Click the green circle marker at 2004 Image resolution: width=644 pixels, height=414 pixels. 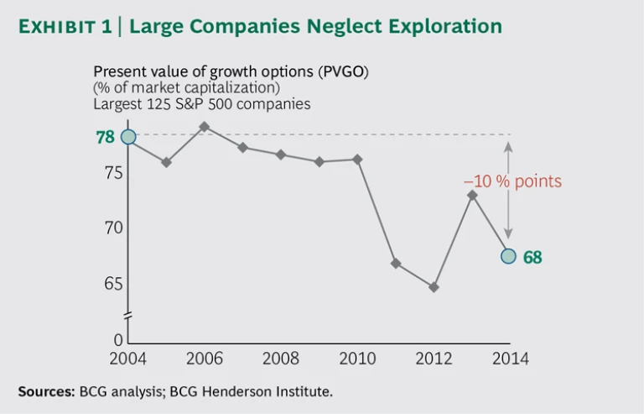[x=128, y=137]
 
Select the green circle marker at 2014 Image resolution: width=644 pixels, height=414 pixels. [x=508, y=256]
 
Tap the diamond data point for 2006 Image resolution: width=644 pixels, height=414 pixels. [x=204, y=127]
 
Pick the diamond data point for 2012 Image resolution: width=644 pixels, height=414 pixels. [x=434, y=287]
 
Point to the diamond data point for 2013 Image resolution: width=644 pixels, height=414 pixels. [x=472, y=195]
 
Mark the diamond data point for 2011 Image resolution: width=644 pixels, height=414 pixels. [x=396, y=264]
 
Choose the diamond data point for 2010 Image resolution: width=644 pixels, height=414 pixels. [x=357, y=159]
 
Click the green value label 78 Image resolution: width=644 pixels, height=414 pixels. [x=105, y=137]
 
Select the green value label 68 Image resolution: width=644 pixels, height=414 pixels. [x=532, y=258]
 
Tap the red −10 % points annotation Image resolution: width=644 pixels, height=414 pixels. [x=512, y=181]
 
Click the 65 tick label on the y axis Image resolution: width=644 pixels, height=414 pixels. [x=113, y=283]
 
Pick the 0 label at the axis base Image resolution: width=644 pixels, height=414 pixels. [x=119, y=340]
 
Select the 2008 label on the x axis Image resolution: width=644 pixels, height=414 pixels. [x=281, y=359]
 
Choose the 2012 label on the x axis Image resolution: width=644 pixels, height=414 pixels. [x=434, y=359]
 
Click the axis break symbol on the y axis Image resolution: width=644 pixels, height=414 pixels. [x=128, y=316]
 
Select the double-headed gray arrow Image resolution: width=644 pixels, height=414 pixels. [x=508, y=191]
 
